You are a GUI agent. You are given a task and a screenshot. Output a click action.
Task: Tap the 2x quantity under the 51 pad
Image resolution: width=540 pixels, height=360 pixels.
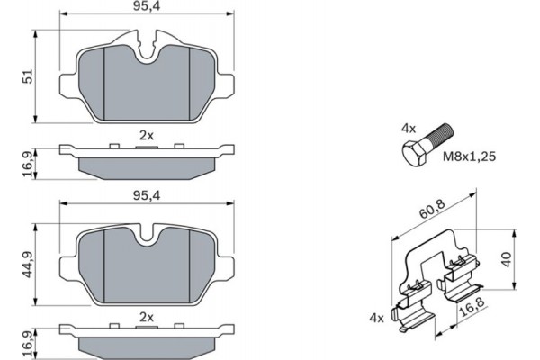(147, 135)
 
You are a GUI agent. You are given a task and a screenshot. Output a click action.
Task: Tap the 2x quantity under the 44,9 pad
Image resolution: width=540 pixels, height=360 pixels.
(147, 317)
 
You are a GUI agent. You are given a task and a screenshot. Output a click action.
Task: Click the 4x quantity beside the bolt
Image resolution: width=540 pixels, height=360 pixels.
(408, 128)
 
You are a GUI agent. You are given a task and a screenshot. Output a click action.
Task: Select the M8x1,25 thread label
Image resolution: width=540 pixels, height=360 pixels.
(469, 156)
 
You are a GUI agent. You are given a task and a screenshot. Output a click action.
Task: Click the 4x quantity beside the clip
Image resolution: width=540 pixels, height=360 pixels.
(375, 319)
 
